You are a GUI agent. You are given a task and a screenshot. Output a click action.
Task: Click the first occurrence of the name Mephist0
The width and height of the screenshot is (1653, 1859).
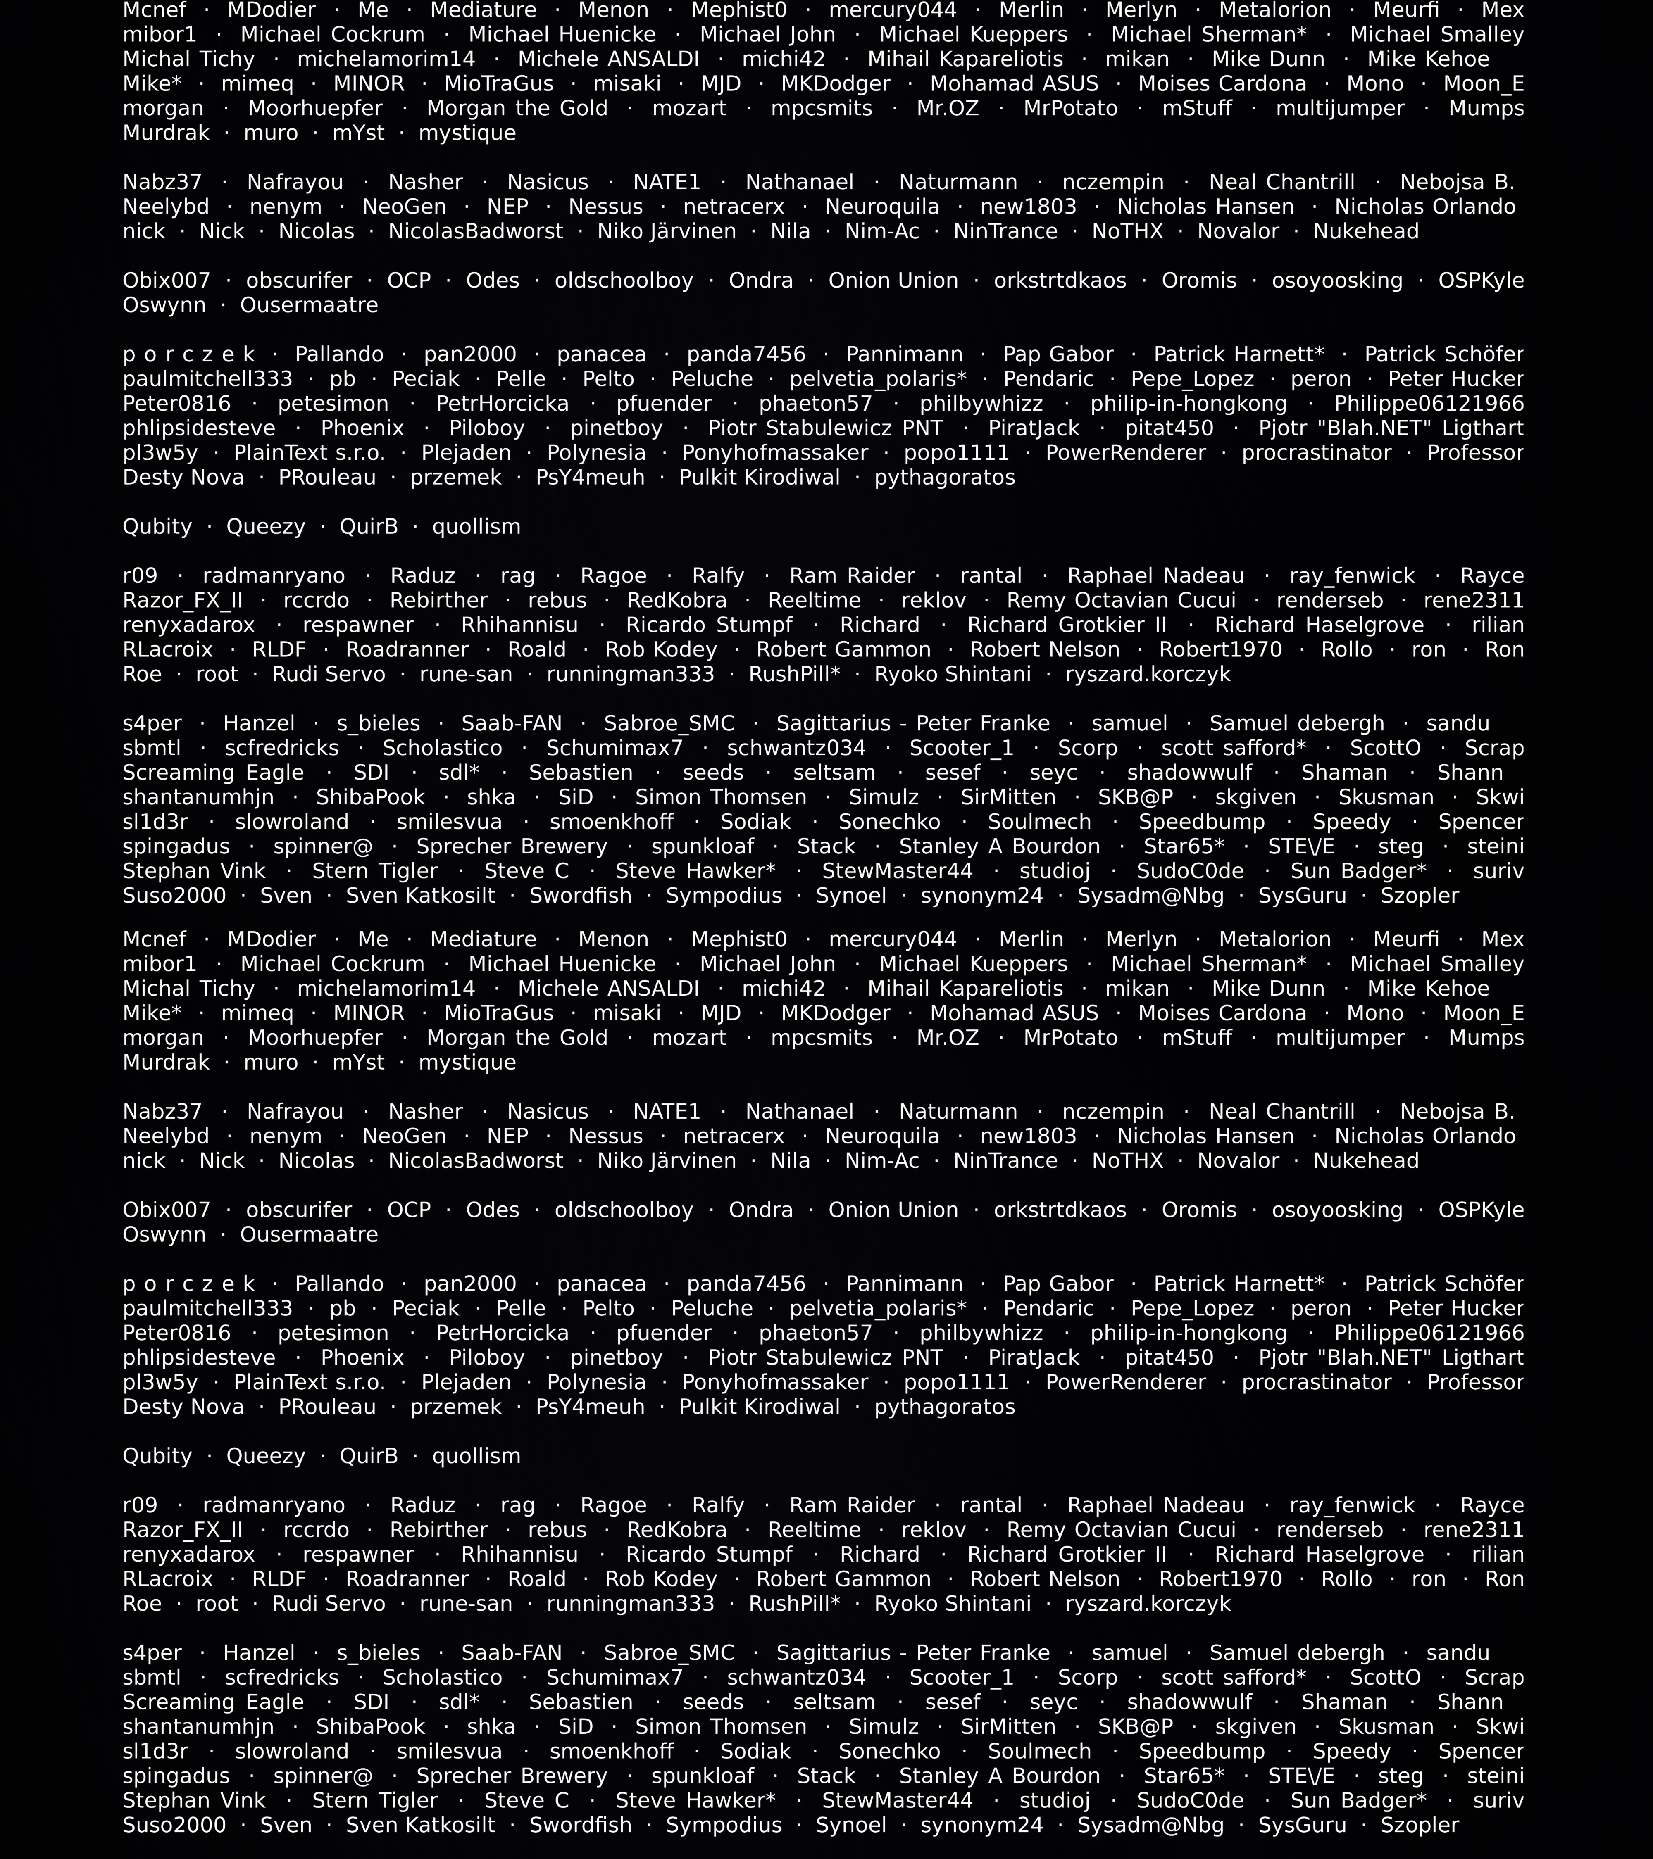click(x=739, y=11)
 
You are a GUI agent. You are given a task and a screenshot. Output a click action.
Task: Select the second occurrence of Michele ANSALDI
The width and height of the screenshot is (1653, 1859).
click(x=609, y=989)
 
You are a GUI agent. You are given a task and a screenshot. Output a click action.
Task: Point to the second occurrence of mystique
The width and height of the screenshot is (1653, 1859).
click(x=467, y=1062)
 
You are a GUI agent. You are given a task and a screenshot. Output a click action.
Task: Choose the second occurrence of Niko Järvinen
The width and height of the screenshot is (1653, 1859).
click(x=667, y=1160)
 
